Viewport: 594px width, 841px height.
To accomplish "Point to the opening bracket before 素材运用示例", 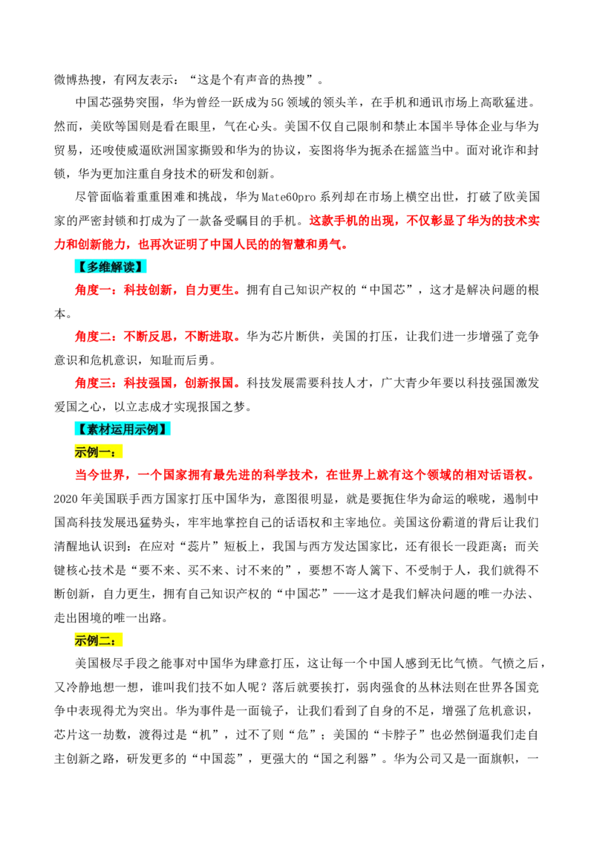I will [x=80, y=429].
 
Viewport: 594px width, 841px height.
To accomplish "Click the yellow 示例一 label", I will [x=94, y=452].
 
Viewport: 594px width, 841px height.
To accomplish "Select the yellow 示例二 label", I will [x=94, y=640].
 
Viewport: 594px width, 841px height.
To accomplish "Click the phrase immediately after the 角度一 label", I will [x=148, y=291].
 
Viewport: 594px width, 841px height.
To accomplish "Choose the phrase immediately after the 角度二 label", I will [x=148, y=337].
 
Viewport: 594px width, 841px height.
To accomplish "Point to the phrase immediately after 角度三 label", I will [x=148, y=384].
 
